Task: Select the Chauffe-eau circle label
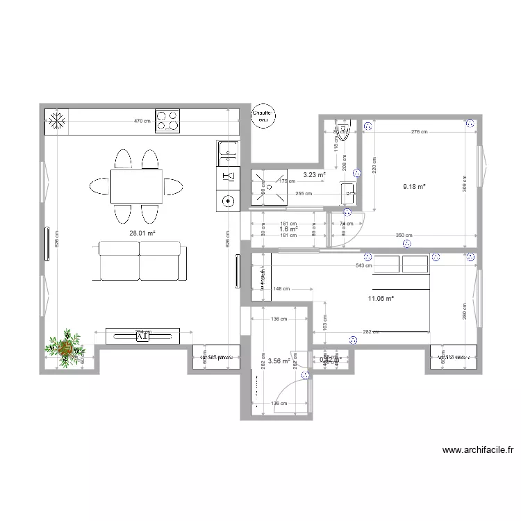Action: click(x=263, y=115)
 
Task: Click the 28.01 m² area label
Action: click(x=142, y=234)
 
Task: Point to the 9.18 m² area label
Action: click(x=413, y=186)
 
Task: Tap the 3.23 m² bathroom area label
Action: click(x=314, y=176)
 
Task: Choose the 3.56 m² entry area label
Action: click(x=279, y=361)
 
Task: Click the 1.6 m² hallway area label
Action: click(x=288, y=229)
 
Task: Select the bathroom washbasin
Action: click(x=348, y=192)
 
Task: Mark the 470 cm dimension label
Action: click(x=142, y=122)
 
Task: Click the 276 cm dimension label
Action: click(x=419, y=131)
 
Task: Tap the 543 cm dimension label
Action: click(x=363, y=265)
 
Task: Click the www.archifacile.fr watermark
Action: click(x=478, y=450)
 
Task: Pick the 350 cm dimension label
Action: click(x=404, y=235)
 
